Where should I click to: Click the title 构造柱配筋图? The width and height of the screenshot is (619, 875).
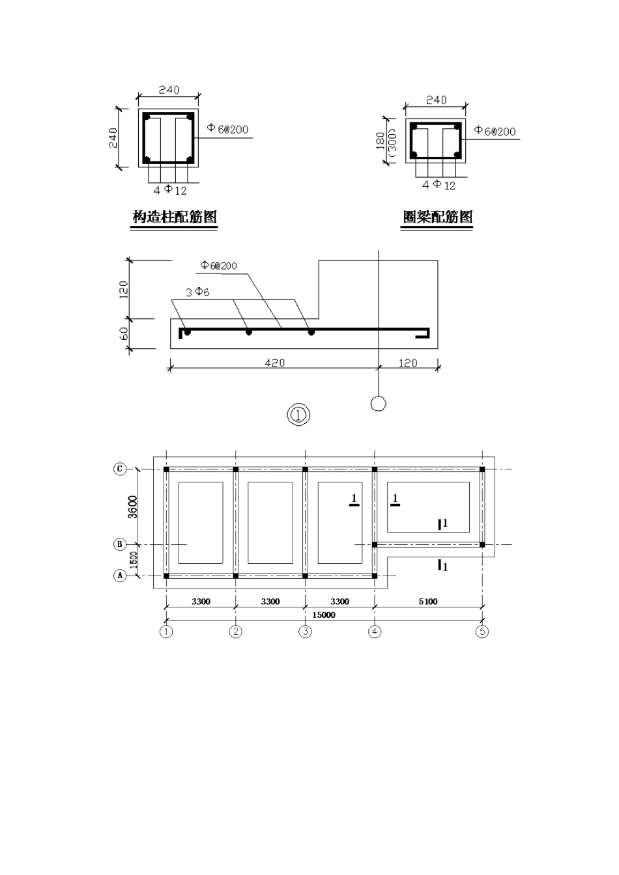tap(175, 217)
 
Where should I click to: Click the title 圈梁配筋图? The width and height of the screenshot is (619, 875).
tap(438, 217)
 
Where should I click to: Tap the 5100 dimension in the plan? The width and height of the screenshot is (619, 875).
tap(428, 601)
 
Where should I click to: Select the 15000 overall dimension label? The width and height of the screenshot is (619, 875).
tap(323, 615)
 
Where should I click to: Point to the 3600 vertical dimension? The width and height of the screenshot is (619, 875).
tap(133, 507)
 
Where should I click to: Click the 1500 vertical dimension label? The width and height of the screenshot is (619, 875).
tap(134, 560)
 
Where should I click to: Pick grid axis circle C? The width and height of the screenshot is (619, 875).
tap(120, 469)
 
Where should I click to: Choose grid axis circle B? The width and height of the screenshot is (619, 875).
tap(120, 544)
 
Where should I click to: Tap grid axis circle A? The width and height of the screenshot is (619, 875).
tap(120, 576)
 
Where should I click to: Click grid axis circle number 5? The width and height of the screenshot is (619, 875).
tap(482, 632)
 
